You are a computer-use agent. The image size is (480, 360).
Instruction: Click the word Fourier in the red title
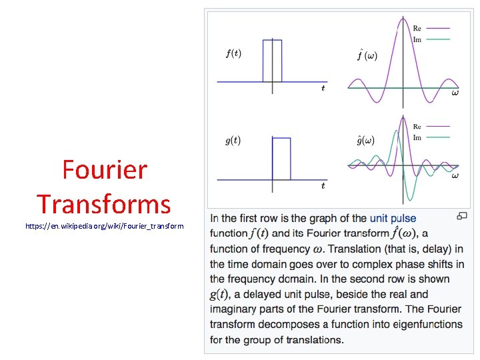tap(104, 170)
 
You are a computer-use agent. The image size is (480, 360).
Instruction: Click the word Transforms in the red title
tap(104, 203)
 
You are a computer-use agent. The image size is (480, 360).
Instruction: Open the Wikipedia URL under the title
tap(104, 227)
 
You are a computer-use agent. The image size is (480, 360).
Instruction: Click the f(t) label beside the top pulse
tap(233, 54)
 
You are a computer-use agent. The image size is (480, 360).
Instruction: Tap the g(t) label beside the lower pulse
tap(233, 141)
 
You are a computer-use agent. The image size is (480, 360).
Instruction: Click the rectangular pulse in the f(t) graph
tap(272, 60)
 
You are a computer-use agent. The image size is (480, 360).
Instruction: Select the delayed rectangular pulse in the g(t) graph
tap(281, 158)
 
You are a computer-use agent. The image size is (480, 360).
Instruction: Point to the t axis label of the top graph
tap(323, 88)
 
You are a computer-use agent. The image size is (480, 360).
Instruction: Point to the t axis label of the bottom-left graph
tap(323, 185)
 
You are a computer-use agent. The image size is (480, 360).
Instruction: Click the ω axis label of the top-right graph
tap(455, 93)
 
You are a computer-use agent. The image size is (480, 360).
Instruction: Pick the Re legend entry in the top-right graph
tap(417, 29)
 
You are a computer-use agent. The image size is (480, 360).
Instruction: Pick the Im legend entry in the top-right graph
tap(417, 39)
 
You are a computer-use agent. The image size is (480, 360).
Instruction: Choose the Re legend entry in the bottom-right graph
tap(417, 127)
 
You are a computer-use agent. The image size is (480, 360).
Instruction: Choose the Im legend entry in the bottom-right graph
tap(417, 137)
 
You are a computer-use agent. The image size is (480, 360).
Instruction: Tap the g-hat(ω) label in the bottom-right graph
tap(365, 140)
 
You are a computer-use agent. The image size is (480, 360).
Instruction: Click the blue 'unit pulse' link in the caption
tap(393, 218)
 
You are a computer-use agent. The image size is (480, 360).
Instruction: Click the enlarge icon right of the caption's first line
tap(461, 216)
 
